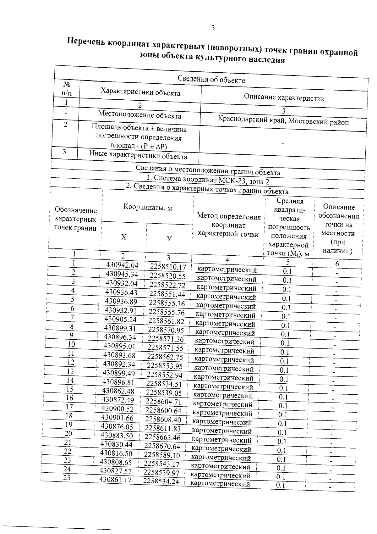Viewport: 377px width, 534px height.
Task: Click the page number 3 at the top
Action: pos(213,28)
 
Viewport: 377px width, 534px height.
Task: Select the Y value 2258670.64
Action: pos(162,446)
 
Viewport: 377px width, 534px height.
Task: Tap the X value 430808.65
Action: pos(116,462)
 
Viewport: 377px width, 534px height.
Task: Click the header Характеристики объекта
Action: pos(140,93)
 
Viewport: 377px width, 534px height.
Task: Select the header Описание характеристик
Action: pos(284,98)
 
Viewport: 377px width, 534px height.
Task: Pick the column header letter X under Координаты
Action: pos(124,237)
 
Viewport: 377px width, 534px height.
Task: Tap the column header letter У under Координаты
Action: pos(169,238)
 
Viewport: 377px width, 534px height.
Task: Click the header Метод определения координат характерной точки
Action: pos(228,225)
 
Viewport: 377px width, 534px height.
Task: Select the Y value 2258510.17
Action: pos(168,267)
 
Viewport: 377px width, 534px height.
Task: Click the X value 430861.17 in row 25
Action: pos(115,480)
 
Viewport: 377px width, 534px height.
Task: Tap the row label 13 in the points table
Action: pos(70,371)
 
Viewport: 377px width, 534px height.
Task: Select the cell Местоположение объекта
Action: pos(139,115)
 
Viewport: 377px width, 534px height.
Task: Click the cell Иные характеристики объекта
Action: pos(138,155)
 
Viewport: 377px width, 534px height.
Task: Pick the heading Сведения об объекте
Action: pos(211,79)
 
